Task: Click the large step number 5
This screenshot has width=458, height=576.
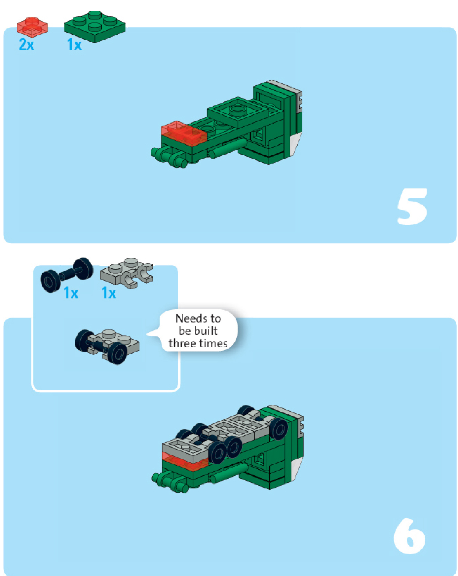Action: tap(412, 207)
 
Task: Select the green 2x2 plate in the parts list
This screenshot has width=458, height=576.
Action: tap(95, 26)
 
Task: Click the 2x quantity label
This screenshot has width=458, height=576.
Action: tap(26, 45)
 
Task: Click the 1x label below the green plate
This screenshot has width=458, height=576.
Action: tap(74, 45)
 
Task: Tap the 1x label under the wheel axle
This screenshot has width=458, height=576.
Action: tap(71, 293)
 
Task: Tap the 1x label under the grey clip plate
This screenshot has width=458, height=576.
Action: tap(109, 293)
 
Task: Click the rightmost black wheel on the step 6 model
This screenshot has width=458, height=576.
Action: tap(279, 429)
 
